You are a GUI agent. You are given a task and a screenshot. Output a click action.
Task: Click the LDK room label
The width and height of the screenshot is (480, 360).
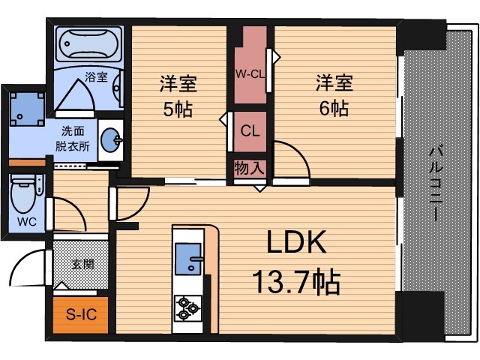click(295, 243)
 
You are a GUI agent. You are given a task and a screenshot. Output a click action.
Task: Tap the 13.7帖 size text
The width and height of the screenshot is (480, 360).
click(295, 283)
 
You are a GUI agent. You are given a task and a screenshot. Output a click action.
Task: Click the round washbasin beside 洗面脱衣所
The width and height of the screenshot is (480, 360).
click(110, 138)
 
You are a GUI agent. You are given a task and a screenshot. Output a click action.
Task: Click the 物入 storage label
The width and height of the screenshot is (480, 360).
click(248, 167)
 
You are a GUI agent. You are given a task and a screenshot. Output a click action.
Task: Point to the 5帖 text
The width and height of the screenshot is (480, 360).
click(177, 109)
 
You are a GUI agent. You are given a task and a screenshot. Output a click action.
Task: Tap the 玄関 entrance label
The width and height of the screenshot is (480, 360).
click(82, 264)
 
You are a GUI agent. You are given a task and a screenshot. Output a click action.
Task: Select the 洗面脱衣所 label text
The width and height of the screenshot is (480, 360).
click(74, 139)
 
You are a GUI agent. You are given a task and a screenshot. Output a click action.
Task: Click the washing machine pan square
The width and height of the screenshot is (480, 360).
click(27, 109)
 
